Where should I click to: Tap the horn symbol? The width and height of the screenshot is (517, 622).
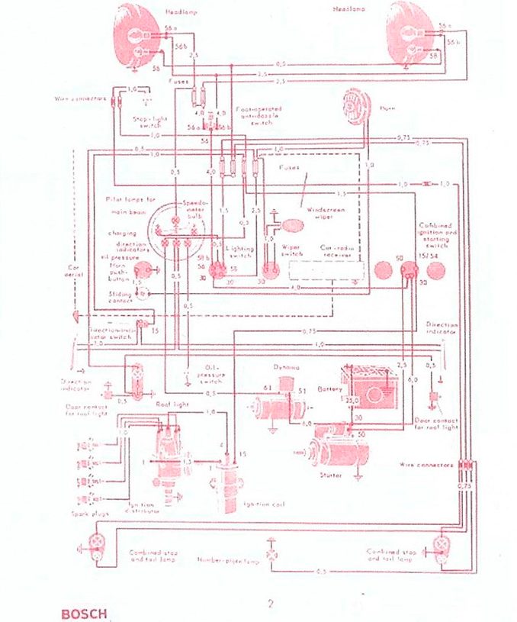[x=357, y=103]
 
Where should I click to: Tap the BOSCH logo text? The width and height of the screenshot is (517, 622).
[x=84, y=611]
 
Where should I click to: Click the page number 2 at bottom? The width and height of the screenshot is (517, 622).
[x=270, y=604]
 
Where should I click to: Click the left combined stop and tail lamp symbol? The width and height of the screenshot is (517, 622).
[x=96, y=543]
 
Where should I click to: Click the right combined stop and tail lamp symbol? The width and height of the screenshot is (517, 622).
[x=442, y=544]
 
